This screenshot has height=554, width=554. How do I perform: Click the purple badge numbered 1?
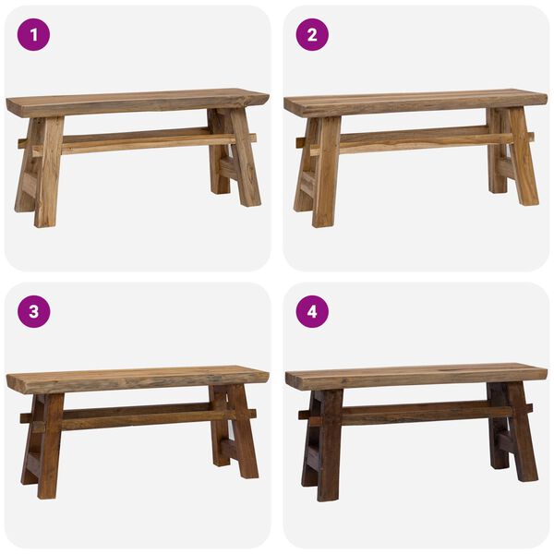pos(34,35)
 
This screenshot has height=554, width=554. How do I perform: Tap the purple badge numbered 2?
pos(311,35)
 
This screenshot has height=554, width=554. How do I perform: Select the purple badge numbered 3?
pos(34,311)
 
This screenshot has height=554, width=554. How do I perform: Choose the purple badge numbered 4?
pos(311,311)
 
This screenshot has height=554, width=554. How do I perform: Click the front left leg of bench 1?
pos(47,175)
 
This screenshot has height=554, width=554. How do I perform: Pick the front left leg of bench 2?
pos(325,175)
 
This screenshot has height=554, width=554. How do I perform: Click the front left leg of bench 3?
pos(50,448)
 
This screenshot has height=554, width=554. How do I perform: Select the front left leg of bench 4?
pos(329,448)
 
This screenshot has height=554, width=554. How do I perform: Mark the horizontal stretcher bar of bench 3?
pos(138,417)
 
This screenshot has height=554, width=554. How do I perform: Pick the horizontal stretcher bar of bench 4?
pos(415,415)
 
